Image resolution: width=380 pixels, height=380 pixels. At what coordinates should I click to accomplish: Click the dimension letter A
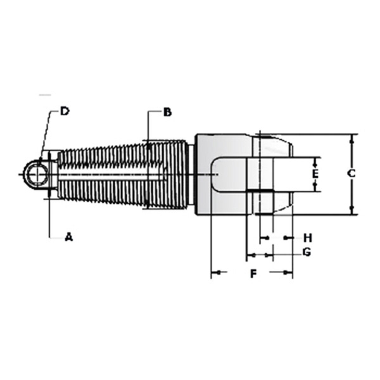point(69,237)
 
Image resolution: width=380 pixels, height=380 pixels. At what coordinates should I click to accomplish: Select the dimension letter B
point(167,112)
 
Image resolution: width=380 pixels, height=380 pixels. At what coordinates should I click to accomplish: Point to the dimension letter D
point(65,111)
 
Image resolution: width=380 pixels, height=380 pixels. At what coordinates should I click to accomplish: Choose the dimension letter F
point(253,273)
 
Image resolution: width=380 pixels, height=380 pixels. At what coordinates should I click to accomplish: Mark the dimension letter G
point(307,252)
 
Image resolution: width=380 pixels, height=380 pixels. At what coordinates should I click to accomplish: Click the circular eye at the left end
point(37,174)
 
